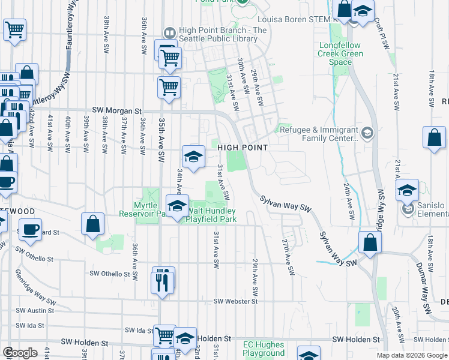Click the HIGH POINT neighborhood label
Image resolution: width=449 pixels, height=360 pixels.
(x=242, y=147)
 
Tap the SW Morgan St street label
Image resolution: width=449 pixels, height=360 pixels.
(x=121, y=111)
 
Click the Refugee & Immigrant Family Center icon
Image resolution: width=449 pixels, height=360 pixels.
(x=367, y=132)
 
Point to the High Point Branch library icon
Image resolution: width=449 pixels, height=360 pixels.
(x=170, y=31)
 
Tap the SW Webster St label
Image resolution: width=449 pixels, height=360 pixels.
(x=235, y=301)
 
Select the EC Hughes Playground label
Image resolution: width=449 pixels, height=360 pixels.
(x=264, y=349)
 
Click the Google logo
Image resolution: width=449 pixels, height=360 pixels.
(x=19, y=353)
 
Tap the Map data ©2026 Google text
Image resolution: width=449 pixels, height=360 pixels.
(x=411, y=355)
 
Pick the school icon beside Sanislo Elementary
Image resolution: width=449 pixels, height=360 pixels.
(x=407, y=191)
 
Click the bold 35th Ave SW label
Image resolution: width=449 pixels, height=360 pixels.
(x=161, y=138)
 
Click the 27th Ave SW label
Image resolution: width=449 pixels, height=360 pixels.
(x=289, y=256)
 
